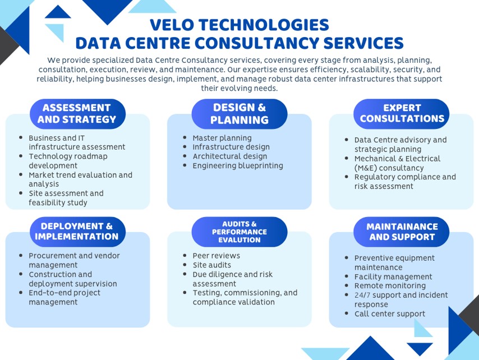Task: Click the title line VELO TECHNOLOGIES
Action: click(239, 25)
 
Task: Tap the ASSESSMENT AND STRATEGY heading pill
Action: click(77, 114)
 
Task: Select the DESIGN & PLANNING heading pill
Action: click(239, 114)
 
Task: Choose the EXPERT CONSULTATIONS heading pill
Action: click(402, 114)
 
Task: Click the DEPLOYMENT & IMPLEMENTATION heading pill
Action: click(77, 232)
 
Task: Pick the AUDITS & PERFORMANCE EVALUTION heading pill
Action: click(239, 232)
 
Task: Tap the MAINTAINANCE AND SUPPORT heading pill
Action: click(402, 232)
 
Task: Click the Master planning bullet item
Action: click(222, 138)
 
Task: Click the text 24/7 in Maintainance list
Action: click(362, 296)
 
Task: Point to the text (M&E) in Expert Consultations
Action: click(365, 168)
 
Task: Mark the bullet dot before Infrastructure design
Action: click(185, 147)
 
